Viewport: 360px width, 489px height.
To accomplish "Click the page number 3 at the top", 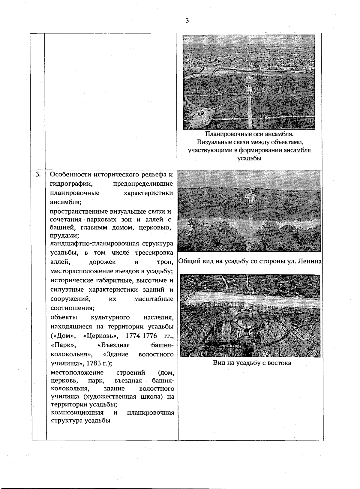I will (x=187, y=21).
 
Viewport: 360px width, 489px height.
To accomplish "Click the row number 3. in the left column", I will (x=38, y=174).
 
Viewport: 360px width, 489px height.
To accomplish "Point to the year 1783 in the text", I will (x=94, y=363).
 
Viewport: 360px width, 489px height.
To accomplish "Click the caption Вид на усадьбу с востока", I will (x=252, y=363).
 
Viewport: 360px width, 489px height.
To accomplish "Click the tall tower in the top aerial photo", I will (x=249, y=87).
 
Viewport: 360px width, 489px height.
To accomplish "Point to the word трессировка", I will (x=154, y=253).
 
